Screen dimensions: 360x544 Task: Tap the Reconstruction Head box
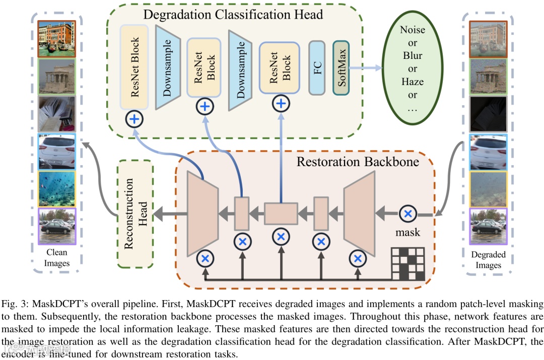134,214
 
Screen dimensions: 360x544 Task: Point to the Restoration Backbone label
358,162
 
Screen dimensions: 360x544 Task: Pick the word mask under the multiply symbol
408,233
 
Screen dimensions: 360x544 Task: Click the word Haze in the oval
413,82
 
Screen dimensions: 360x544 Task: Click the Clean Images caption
57,258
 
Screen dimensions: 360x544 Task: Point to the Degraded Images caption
488,259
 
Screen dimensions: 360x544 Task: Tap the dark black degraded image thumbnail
488,114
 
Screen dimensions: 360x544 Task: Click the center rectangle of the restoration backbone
281,213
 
